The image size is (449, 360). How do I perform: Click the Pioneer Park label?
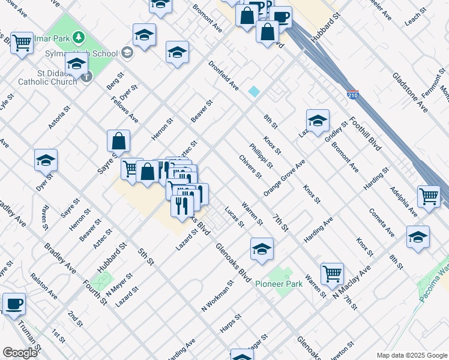point(279,284)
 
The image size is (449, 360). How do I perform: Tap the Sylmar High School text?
point(89,53)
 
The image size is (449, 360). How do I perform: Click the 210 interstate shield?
point(353,95)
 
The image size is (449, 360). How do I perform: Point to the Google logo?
point(20,352)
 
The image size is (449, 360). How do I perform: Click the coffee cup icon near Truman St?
point(14,304)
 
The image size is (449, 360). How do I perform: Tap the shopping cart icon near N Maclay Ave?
point(332,274)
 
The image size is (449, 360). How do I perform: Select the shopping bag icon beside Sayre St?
point(119,142)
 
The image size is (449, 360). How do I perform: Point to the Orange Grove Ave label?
point(285,177)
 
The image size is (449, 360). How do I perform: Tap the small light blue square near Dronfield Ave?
point(255,91)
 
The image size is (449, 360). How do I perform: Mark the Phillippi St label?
point(261,156)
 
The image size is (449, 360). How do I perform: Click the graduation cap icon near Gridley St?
point(318,121)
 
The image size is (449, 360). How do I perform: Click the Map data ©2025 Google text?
point(411,355)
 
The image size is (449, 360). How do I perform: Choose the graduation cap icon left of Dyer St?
point(46,160)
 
